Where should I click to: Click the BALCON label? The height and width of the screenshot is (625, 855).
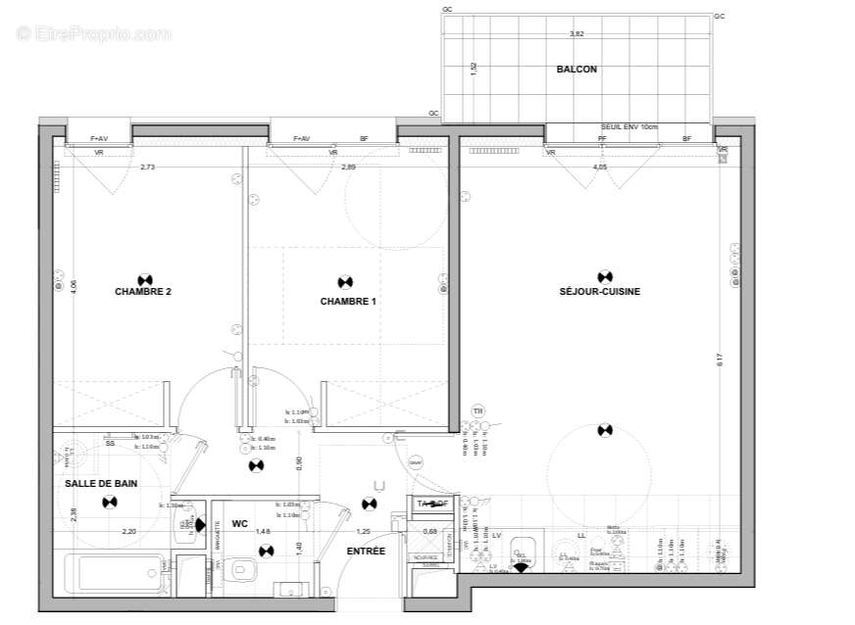pyautogui.click(x=577, y=70)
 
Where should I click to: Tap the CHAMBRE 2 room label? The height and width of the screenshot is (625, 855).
pyautogui.click(x=143, y=291)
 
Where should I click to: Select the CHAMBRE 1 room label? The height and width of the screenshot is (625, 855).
pyautogui.click(x=348, y=302)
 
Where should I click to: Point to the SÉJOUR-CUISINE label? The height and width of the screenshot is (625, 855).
pyautogui.click(x=600, y=291)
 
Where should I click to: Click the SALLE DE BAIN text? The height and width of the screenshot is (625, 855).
pyautogui.click(x=101, y=484)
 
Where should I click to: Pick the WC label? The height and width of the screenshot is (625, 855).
pyautogui.click(x=239, y=524)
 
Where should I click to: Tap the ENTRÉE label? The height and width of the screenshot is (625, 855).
pyautogui.click(x=366, y=552)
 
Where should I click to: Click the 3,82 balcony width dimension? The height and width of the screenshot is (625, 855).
pyautogui.click(x=577, y=34)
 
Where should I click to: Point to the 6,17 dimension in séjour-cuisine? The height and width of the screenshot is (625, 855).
pyautogui.click(x=720, y=360)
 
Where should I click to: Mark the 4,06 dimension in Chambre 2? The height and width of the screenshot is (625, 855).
pyautogui.click(x=73, y=287)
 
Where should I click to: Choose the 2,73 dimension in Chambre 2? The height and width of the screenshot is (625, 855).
pyautogui.click(x=147, y=168)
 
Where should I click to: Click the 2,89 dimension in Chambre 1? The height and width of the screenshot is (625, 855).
pyautogui.click(x=348, y=168)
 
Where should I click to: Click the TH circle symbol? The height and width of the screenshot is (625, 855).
pyautogui.click(x=478, y=410)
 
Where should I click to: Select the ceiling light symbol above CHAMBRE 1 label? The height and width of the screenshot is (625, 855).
pyautogui.click(x=344, y=282)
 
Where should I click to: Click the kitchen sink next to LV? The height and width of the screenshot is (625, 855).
pyautogui.click(x=526, y=553)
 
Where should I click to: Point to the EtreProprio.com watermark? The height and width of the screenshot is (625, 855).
pyautogui.click(x=94, y=34)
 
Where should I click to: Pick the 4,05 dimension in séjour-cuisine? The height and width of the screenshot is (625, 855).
pyautogui.click(x=600, y=168)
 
